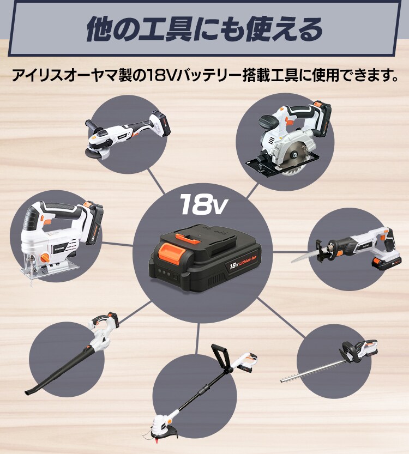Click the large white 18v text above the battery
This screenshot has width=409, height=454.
203,204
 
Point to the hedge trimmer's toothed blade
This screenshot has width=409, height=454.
311,371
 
